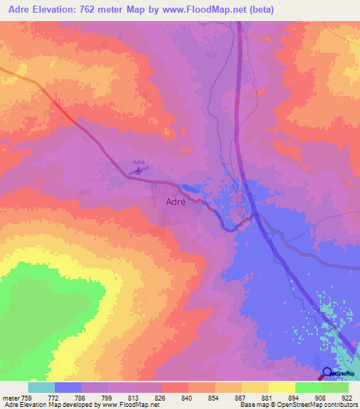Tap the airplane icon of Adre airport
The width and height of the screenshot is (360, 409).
139,170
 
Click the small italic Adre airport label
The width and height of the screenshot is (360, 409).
139,162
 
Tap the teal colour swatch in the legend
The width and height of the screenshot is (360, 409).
41,387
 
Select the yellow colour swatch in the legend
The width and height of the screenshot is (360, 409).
281,387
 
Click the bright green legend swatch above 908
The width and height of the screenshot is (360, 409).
308,387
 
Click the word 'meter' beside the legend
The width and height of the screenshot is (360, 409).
11,397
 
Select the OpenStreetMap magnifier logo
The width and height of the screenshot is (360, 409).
328,374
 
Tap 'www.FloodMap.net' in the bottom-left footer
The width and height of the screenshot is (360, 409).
131,405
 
